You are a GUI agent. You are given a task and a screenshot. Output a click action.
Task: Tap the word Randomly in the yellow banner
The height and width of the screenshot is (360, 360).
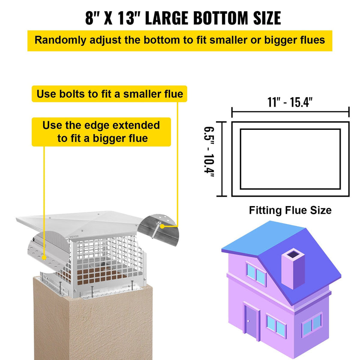[60, 40]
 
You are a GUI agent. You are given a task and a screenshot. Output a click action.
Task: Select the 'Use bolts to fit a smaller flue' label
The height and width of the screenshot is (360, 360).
[110, 94]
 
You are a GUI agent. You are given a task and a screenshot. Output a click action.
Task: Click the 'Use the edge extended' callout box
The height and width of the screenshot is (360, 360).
[101, 132]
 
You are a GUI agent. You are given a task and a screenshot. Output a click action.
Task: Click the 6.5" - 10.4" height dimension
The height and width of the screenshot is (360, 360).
[210, 152]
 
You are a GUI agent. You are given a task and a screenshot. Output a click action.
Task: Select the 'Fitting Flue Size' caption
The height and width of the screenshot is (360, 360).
[290, 210]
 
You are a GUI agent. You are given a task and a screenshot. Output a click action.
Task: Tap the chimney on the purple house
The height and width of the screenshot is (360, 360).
[293, 268]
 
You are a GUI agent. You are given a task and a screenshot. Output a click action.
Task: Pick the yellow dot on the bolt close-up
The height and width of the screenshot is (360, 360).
[162, 226]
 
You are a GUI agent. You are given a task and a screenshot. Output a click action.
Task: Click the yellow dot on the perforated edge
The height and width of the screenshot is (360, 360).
[44, 258]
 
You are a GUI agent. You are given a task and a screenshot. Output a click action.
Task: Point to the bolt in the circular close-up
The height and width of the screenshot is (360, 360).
[156, 230]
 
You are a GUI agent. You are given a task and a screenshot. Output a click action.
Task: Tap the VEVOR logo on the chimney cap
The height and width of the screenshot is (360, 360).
[74, 236]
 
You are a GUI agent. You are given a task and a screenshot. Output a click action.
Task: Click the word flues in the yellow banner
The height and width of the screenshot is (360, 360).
[312, 40]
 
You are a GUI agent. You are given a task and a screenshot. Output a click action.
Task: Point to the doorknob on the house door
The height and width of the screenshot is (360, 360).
[248, 321]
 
